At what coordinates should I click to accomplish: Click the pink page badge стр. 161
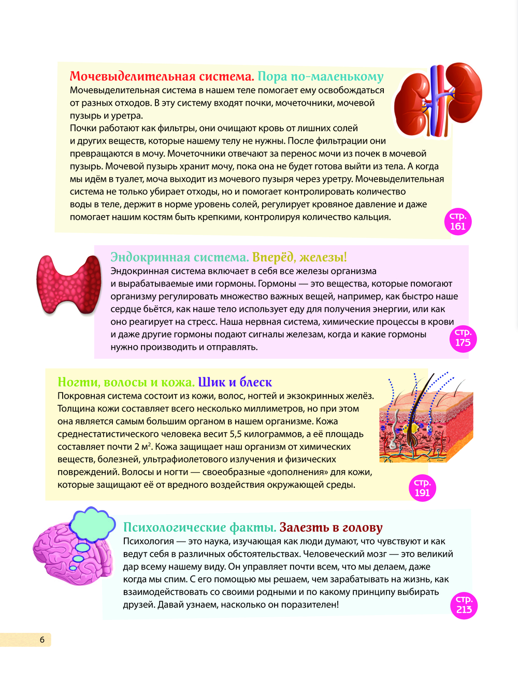pos(458,222)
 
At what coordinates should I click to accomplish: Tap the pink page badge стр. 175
pos(463,338)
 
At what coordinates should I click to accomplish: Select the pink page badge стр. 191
pos(422,488)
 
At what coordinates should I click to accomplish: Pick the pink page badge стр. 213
pos(464,605)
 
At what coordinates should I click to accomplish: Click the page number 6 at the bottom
pos(42,640)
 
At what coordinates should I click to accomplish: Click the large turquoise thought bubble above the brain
pos(92,523)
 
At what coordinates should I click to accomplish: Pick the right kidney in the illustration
pos(463,93)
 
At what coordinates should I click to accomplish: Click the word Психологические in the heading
pos(175,528)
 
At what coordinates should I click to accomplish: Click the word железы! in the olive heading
pos(323,258)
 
